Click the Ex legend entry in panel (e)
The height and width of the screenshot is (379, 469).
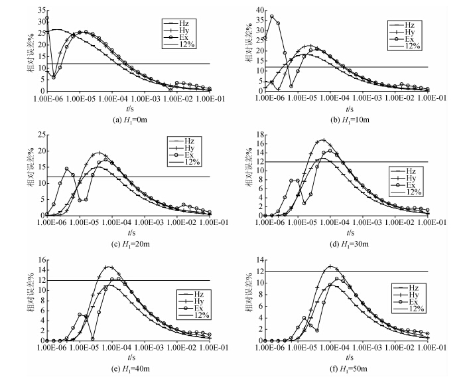pos(190,308)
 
